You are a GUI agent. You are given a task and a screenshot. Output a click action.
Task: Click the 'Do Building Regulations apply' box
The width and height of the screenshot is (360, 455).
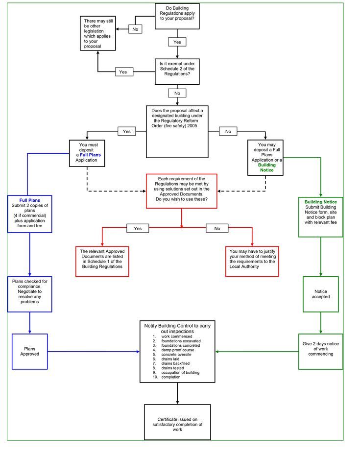177,15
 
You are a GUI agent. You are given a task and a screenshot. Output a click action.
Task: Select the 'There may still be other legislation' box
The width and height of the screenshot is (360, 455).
98,33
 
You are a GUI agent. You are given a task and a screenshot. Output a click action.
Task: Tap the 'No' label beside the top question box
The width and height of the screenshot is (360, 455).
136,29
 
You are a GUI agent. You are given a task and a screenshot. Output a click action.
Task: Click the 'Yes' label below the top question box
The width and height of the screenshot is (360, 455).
177,42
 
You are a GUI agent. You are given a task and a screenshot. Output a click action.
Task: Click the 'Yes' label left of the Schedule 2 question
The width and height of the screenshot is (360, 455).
123,72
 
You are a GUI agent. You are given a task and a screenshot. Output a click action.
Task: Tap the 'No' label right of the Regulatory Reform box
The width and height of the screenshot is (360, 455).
228,131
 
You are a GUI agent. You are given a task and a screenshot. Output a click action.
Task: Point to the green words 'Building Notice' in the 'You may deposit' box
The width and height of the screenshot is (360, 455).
266,168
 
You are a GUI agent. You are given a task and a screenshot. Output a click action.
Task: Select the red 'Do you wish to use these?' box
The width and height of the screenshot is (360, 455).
181,191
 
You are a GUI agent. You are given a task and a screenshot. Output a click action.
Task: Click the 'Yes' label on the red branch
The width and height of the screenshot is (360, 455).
138,228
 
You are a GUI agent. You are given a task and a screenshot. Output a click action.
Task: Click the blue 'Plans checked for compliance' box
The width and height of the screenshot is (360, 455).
30,294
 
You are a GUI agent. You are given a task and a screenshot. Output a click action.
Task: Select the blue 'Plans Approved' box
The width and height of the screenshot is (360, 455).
30,351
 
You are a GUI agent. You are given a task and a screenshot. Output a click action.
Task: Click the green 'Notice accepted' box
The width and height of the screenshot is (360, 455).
321,294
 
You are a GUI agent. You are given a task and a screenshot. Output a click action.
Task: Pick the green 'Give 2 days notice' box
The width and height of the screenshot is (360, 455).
321,351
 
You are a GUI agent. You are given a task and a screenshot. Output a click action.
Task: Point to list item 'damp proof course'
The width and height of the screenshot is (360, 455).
177,350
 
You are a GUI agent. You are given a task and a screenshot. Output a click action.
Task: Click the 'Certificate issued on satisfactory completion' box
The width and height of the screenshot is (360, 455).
177,422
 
